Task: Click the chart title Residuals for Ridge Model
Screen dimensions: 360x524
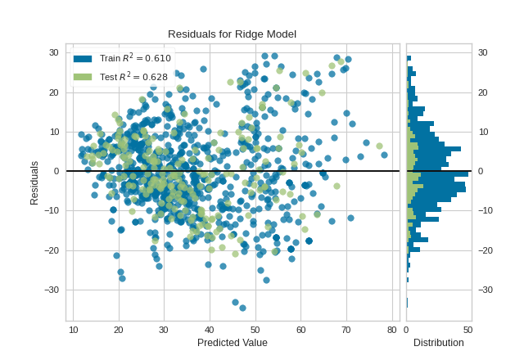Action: (232, 34)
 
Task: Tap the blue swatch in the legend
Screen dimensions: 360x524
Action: (82, 58)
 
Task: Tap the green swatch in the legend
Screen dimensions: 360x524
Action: (82, 77)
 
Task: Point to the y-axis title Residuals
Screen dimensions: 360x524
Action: (34, 182)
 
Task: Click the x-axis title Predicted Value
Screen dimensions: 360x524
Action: (232, 342)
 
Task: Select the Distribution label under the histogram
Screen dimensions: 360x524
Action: (438, 342)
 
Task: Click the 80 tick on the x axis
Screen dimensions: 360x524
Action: (391, 329)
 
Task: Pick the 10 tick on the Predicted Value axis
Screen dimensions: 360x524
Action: (74, 329)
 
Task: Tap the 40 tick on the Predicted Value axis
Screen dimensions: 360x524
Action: (210, 329)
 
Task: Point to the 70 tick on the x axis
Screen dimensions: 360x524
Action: (346, 329)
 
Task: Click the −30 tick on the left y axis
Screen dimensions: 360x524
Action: (52, 290)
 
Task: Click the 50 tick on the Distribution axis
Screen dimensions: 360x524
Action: (468, 329)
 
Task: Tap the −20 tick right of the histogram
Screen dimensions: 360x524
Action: (485, 250)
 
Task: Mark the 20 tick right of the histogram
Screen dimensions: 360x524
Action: (483, 92)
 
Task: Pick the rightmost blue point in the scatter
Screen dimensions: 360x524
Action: (384, 155)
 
